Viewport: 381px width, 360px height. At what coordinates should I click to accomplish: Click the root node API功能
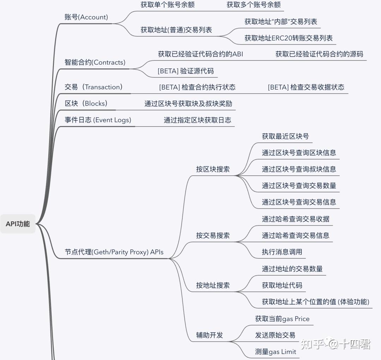pos(18,224)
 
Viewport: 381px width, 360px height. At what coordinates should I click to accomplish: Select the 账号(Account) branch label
pos(86,17)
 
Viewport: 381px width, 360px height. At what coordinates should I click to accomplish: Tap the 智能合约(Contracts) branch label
pos(95,62)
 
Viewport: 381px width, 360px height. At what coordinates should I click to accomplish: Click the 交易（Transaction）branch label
pos(93,87)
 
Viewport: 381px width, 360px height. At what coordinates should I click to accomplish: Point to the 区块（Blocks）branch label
pos(86,103)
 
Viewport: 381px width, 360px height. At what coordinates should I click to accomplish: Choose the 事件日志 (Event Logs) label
pos(98,120)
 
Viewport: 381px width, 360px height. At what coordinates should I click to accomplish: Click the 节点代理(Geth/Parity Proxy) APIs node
pos(114,252)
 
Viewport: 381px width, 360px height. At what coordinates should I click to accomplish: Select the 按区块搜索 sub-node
pos(213,169)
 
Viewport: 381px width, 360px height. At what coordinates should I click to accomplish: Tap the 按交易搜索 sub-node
pos(213,235)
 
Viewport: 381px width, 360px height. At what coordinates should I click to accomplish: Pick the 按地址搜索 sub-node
pos(213,285)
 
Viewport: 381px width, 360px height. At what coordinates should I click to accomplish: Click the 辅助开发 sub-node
pos(210,335)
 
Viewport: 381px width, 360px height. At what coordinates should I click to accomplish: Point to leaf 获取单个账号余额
pos(168,5)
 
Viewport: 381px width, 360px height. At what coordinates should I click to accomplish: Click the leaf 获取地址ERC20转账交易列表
pos(289,38)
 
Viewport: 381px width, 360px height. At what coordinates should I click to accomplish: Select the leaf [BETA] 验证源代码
pos(186,71)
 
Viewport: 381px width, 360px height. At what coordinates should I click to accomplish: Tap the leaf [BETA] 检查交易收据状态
pos(306,87)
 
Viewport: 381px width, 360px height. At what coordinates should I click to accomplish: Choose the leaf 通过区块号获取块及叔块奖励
pos(188,104)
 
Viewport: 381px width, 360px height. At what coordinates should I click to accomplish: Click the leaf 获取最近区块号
pos(285,136)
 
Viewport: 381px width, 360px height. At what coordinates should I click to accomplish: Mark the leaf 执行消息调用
pos(282,252)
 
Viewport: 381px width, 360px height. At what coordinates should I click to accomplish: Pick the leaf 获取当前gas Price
pos(282,319)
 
